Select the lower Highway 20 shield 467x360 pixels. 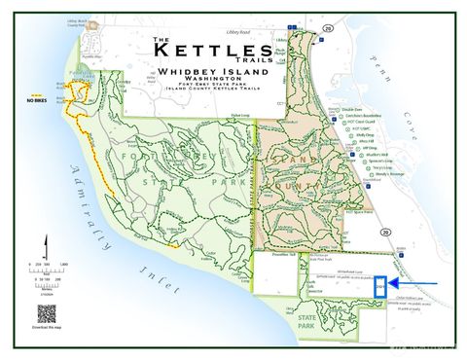click(x=386, y=233)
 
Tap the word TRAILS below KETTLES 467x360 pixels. click(x=250, y=60)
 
